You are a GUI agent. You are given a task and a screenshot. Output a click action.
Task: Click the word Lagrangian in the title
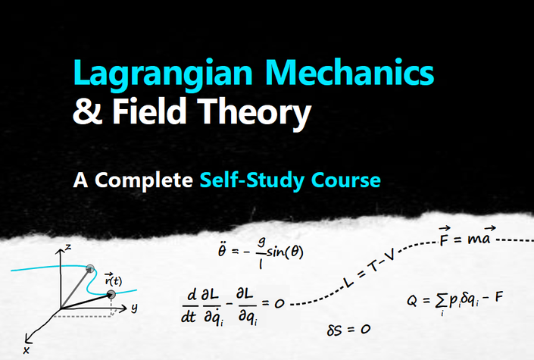coord(163,74)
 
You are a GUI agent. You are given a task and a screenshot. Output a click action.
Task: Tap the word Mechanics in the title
coord(349,72)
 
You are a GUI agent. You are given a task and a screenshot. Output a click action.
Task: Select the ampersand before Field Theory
coord(87,111)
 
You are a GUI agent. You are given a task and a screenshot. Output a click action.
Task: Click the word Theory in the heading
coord(254,112)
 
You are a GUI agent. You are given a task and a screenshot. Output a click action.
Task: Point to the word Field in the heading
coord(149,111)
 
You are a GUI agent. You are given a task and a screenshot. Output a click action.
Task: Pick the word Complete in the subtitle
coord(144,180)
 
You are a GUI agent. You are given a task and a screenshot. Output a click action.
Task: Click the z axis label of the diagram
coord(68,247)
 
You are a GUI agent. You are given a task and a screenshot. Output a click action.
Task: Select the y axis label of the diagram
coord(135,308)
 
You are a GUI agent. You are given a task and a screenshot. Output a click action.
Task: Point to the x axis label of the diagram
coord(27,350)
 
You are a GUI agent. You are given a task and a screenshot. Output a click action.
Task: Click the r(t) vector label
coord(114,280)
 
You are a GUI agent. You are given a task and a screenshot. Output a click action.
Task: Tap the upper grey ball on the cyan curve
coord(90,268)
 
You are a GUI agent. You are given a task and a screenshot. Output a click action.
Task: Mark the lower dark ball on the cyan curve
coord(111,295)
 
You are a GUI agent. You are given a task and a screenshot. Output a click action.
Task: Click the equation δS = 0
coord(348,330)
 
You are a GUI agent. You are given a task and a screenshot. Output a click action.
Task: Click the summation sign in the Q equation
coord(442,302)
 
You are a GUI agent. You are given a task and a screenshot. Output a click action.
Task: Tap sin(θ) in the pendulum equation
coord(285,252)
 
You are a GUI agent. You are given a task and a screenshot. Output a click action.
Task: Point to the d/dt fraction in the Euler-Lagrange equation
coord(189,305)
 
